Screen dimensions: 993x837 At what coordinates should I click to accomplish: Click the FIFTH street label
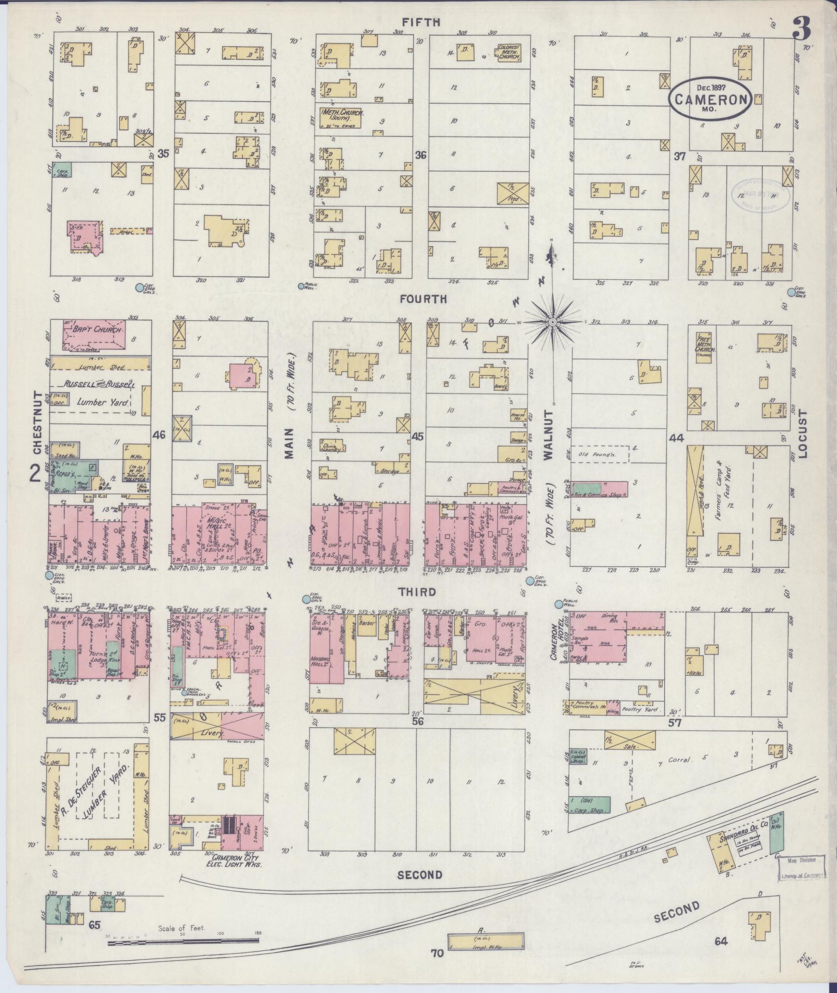click(421, 22)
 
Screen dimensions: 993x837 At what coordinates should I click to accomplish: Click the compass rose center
click(553, 323)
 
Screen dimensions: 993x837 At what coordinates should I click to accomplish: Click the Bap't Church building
click(94, 335)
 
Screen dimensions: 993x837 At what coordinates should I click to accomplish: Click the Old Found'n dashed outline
click(600, 454)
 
